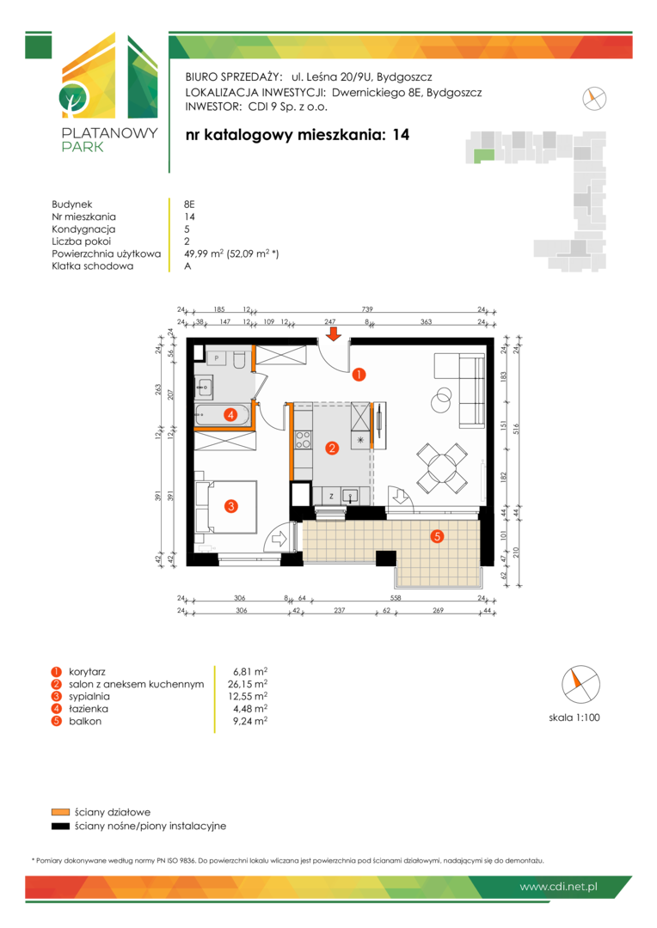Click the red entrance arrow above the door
335,334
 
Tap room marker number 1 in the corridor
359,374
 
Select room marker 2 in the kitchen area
332,448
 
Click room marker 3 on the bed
231,506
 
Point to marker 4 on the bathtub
231,415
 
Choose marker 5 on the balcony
437,536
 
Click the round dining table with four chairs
442,468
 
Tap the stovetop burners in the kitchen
303,439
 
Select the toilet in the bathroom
240,359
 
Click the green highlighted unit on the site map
483,156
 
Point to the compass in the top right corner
594,98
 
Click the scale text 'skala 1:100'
574,717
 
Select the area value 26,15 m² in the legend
248,684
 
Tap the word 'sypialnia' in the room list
89,697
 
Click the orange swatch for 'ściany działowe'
60,812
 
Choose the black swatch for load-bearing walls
60,827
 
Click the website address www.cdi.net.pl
558,887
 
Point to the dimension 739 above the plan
367,309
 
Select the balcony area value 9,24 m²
250,721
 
